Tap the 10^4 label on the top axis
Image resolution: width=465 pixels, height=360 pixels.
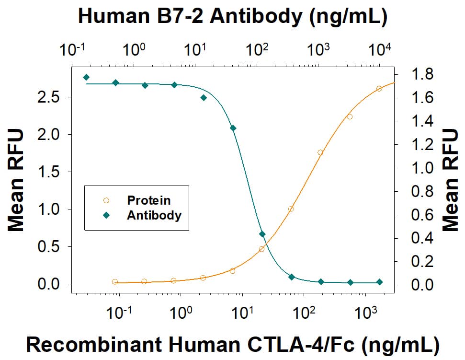click(380, 50)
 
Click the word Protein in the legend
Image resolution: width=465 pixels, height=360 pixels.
click(148, 200)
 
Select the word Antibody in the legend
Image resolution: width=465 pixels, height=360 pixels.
click(154, 215)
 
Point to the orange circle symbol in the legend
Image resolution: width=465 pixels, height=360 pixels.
click(106, 200)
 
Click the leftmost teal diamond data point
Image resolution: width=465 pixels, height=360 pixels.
click(86, 77)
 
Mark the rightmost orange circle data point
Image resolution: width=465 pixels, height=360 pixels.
click(379, 89)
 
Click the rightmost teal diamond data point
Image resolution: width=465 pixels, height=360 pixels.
click(379, 282)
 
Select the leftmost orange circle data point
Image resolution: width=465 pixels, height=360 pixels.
click(115, 282)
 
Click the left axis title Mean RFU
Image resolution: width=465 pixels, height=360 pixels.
click(16, 179)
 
